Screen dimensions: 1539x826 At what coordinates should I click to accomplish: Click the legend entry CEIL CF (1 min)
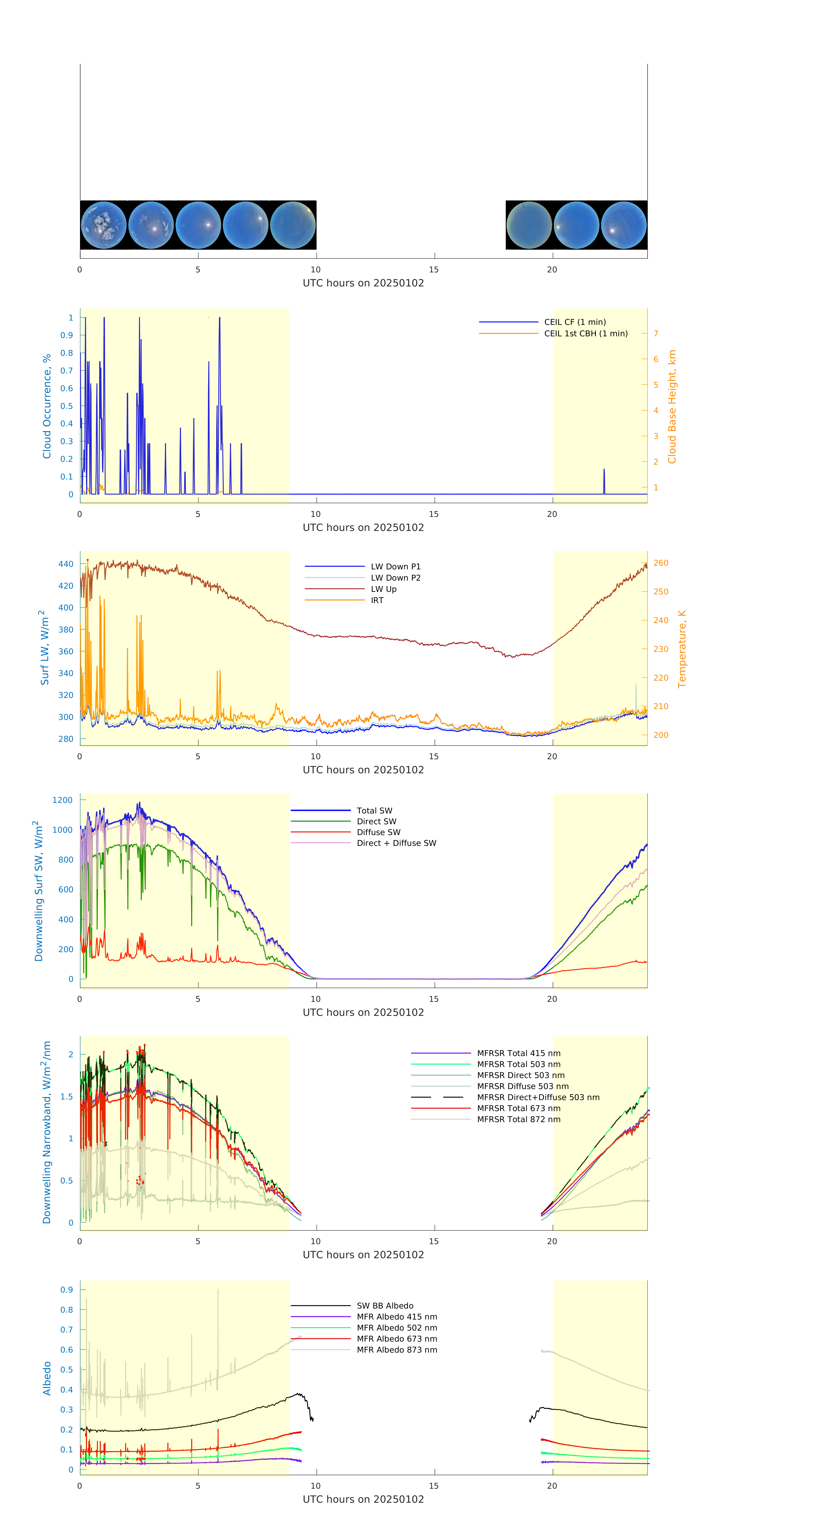[x=575, y=322]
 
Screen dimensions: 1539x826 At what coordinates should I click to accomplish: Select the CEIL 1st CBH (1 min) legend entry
[x=585, y=333]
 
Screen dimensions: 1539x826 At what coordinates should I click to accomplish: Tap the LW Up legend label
[x=384, y=589]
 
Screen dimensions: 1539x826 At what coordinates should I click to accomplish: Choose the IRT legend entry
[x=377, y=600]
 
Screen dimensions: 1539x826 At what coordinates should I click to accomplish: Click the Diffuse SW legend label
[x=378, y=832]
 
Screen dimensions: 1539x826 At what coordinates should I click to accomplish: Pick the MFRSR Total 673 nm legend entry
[x=518, y=1108]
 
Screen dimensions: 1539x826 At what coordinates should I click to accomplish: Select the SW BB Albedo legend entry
[x=385, y=1306]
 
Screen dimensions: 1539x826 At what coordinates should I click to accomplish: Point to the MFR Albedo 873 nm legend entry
[x=396, y=1350]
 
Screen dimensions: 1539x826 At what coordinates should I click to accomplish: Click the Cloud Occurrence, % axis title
[x=47, y=406]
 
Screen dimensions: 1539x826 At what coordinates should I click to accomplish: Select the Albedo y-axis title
[x=47, y=1378]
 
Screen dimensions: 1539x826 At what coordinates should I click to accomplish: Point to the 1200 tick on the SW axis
[x=62, y=800]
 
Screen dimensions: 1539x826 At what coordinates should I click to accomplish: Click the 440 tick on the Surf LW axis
[x=66, y=564]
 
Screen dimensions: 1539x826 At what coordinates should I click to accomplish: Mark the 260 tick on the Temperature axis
[x=661, y=563]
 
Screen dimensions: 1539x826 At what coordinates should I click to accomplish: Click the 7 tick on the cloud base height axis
[x=656, y=333]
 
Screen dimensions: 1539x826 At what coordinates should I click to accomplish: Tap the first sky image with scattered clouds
[x=103, y=225]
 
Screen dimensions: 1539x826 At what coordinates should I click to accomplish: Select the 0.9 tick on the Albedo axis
[x=66, y=1289]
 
